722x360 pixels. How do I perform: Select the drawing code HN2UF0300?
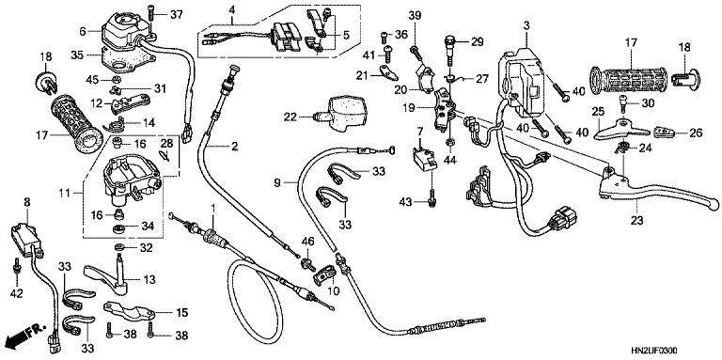(x=679, y=350)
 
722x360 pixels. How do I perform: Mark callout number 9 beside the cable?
(x=279, y=181)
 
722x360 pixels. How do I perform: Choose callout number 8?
(x=26, y=201)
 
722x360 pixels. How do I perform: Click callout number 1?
(x=213, y=206)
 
